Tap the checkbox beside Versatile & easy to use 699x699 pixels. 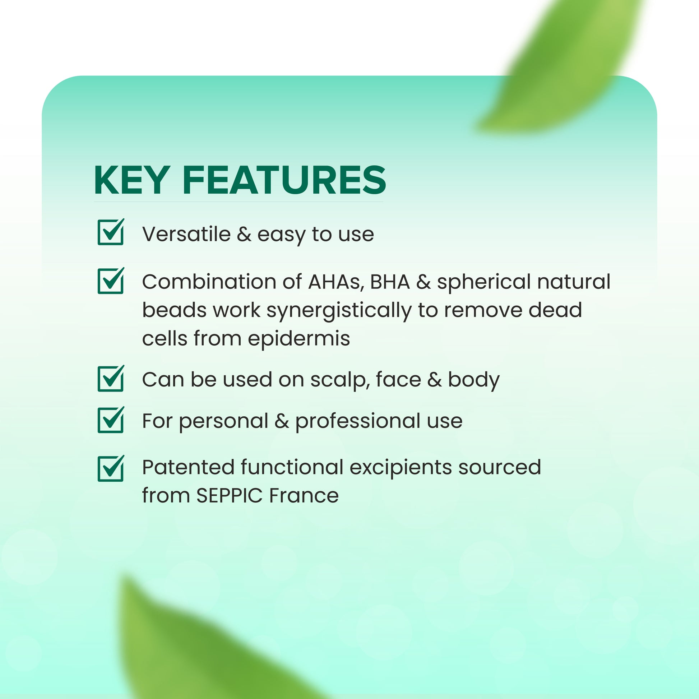(x=111, y=232)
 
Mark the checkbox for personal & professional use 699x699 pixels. (x=111, y=420)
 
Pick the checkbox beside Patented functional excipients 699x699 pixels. (x=111, y=468)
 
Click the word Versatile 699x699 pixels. (x=187, y=234)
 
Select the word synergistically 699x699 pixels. (x=339, y=311)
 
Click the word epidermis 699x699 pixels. (x=299, y=339)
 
